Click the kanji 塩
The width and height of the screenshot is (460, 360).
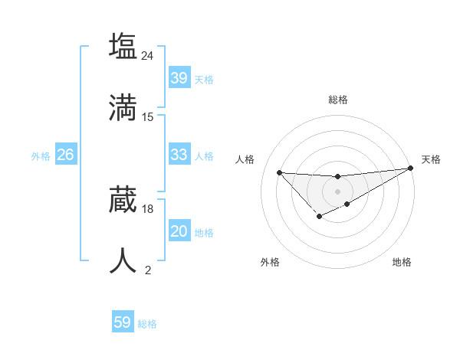(123, 47)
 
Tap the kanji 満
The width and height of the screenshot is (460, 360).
(123, 107)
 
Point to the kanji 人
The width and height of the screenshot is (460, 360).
(123, 260)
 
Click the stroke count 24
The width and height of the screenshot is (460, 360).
(148, 56)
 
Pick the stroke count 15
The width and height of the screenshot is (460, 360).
(148, 117)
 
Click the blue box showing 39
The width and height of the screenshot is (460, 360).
(179, 78)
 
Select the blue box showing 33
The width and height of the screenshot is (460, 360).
(179, 155)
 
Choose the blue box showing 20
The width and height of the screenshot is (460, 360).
(179, 231)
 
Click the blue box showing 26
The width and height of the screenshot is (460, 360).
(65, 155)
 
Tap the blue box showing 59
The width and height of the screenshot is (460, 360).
(122, 322)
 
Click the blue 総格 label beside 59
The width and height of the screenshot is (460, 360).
(147, 324)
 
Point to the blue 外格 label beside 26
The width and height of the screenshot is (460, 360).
(41, 156)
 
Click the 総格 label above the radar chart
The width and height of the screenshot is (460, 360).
(337, 100)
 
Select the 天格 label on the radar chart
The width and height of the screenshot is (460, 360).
(431, 159)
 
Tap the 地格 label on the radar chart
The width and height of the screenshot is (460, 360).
(402, 263)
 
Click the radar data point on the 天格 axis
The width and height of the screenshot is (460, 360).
(410, 168)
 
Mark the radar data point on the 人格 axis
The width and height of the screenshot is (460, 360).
(279, 172)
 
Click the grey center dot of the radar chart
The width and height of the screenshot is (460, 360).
(337, 191)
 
